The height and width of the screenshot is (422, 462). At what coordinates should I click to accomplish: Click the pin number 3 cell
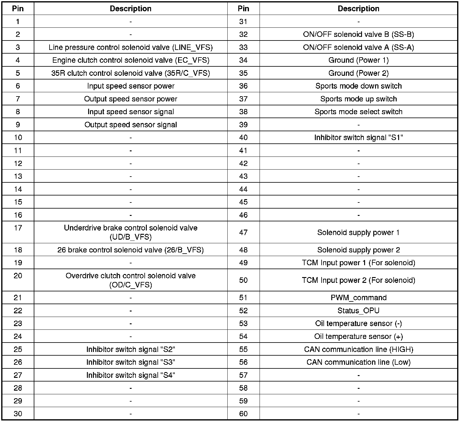(x=18, y=47)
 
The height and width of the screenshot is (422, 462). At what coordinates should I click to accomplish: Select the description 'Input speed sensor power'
(x=131, y=86)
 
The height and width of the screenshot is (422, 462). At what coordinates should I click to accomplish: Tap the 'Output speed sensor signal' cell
(x=131, y=125)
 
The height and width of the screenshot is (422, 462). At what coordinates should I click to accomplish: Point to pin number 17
(x=18, y=228)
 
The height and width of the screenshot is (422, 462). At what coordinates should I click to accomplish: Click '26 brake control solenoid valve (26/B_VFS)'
(x=131, y=250)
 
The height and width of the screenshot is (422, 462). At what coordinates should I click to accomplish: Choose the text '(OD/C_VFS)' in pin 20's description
(x=131, y=285)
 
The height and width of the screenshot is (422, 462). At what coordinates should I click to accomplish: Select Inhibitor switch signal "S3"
(x=131, y=362)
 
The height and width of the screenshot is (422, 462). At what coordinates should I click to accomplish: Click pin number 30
(x=18, y=414)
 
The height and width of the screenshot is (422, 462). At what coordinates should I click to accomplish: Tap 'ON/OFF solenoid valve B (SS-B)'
(x=358, y=34)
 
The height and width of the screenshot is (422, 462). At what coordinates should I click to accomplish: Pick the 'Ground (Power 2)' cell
(x=358, y=73)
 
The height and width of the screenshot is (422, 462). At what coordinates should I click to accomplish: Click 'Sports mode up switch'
(x=358, y=99)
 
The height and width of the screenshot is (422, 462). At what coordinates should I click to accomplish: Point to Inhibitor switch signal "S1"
(x=358, y=138)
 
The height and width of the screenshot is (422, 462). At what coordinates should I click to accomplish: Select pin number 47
(x=243, y=233)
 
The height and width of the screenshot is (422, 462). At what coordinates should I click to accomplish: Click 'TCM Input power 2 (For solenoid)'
(x=358, y=280)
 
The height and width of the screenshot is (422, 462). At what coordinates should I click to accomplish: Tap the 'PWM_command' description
(x=358, y=298)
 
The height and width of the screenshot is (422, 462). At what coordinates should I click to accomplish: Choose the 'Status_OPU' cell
(x=358, y=311)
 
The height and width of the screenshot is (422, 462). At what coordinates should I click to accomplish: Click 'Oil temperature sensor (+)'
(x=358, y=336)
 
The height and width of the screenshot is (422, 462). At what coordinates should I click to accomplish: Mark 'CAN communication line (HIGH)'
(x=358, y=350)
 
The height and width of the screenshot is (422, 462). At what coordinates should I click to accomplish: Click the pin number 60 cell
(x=243, y=414)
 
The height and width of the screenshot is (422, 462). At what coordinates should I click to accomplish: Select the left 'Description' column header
(x=131, y=9)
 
